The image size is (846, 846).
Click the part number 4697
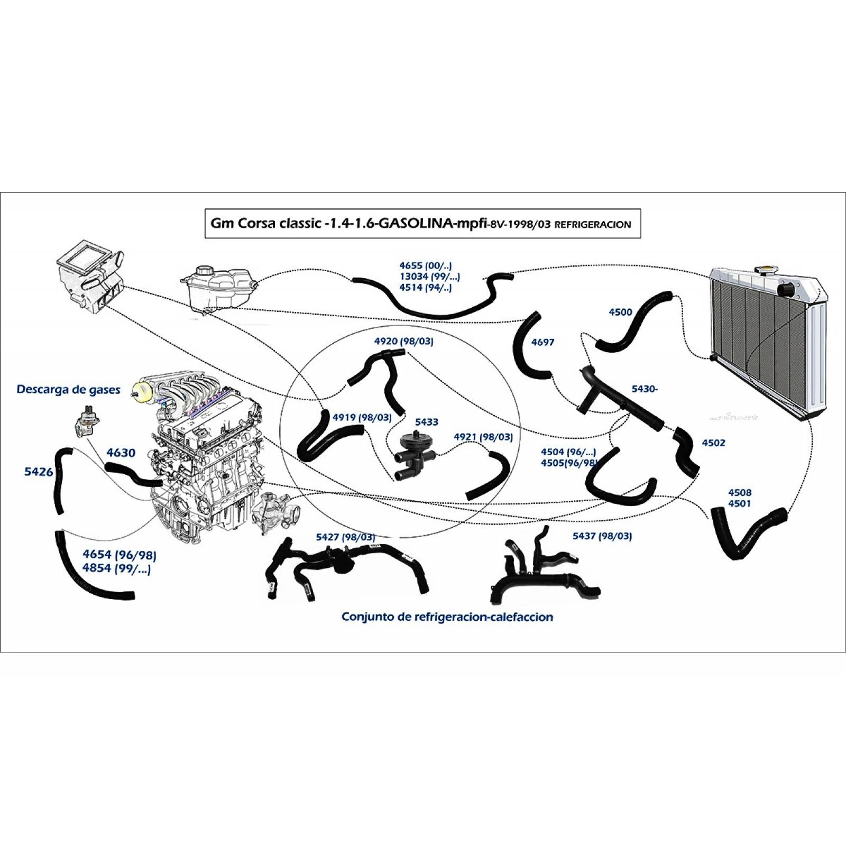pos(542,342)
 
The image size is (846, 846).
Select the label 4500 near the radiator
pos(620,312)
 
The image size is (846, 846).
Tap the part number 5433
pos(426,422)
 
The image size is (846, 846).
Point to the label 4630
pos(121,453)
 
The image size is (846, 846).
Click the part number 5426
pos(39,472)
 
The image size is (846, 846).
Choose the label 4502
pos(713,443)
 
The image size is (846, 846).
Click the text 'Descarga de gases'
pos(68,390)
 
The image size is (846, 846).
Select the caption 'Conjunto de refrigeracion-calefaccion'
pos(447,617)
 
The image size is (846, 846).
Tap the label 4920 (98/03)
pos(403,342)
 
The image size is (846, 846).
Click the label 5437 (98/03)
pos(602,536)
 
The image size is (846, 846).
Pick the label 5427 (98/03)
pos(345,537)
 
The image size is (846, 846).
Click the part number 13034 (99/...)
pos(429,277)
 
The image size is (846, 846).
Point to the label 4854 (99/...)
pos(116,569)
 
